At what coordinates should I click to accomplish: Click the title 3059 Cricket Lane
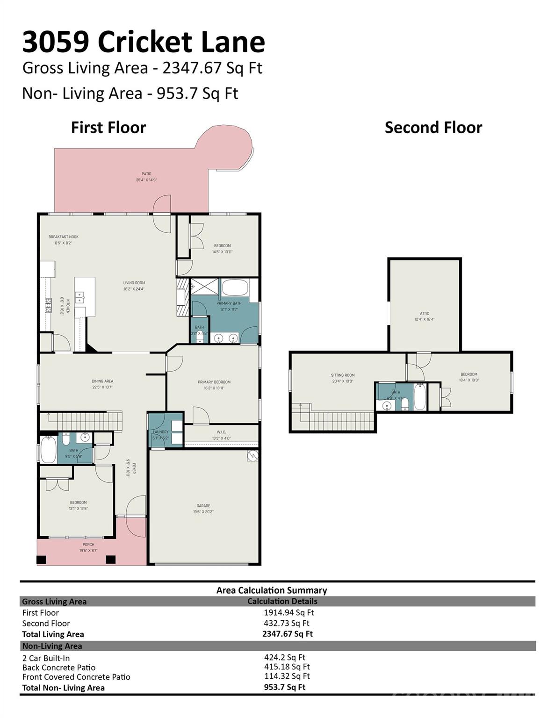(144, 42)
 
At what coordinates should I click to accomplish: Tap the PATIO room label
(146, 174)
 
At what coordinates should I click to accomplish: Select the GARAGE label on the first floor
(203, 506)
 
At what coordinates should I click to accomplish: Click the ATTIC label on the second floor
(424, 314)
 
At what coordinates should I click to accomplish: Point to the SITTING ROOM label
(343, 375)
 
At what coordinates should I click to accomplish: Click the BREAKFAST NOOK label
(64, 237)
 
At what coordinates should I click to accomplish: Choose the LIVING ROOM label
(134, 283)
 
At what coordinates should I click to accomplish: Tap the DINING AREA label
(102, 381)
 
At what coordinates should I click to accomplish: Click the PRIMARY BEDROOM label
(214, 382)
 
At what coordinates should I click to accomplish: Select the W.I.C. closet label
(221, 432)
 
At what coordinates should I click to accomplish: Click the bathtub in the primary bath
(235, 287)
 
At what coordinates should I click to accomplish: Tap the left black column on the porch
(42, 559)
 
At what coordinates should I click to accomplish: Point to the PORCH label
(88, 545)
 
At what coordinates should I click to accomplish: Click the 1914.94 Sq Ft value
(288, 612)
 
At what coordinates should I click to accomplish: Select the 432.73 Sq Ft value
(286, 623)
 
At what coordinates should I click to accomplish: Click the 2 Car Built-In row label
(46, 658)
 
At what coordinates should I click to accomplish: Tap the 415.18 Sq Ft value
(287, 667)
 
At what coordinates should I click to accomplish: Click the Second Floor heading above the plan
(433, 128)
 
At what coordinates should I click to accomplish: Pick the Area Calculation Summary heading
(271, 590)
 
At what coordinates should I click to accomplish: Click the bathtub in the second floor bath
(419, 397)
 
